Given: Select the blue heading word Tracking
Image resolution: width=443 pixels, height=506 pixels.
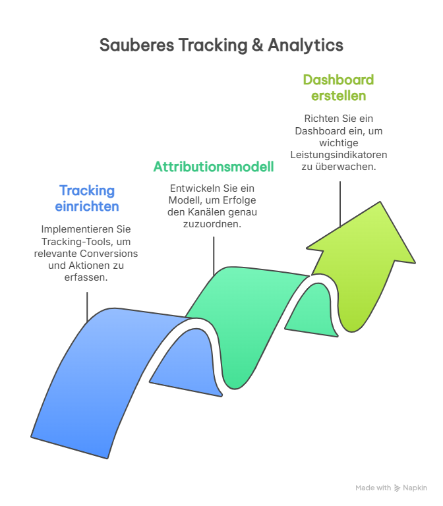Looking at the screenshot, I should (86, 191).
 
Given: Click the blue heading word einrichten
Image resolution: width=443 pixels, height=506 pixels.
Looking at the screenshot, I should (86, 206).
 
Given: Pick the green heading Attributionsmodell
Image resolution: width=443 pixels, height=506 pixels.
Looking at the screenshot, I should (214, 167).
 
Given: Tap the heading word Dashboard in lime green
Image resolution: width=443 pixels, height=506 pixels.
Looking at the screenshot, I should (338, 80).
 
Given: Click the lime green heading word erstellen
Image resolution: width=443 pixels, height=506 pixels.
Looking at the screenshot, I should (338, 96).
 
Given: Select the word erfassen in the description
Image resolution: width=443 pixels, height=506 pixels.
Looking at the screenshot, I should (86, 278).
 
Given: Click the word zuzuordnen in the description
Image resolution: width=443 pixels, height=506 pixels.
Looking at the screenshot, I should (214, 224).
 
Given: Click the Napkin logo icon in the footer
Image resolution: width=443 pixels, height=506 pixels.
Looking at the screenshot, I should (397, 488).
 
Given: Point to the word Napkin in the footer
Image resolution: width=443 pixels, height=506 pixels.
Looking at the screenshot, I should (415, 488).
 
